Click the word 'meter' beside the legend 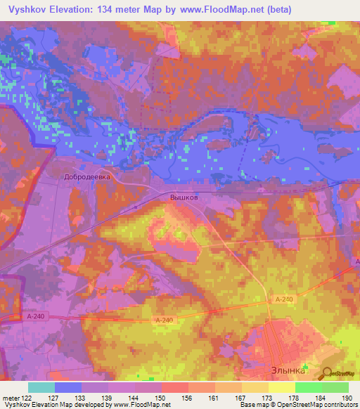coord(9,398)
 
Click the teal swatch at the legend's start coord(41,387)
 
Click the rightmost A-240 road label coord(283,299)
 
